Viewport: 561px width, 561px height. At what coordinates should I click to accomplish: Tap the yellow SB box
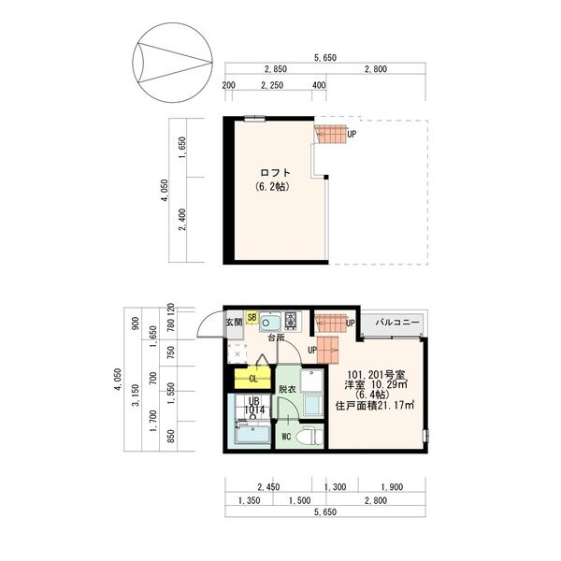click(x=252, y=318)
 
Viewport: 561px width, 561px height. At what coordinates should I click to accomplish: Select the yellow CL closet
click(x=252, y=379)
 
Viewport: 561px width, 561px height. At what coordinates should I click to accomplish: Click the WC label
click(x=286, y=435)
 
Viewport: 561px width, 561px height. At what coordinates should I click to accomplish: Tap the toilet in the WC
click(x=312, y=435)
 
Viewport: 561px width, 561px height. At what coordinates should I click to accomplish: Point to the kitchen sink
click(x=271, y=323)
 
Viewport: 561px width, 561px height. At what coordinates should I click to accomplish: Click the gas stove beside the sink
click(x=291, y=322)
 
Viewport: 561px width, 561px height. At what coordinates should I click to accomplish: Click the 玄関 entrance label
click(x=234, y=323)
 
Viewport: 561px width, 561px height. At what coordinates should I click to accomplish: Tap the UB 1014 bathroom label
click(x=253, y=405)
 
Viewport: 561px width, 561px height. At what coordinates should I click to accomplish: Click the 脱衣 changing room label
click(x=287, y=389)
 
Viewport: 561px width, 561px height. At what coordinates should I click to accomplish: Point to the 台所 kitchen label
click(x=274, y=338)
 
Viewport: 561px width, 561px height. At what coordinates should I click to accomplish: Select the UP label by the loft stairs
click(x=352, y=134)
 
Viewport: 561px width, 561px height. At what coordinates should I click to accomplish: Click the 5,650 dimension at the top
click(x=324, y=58)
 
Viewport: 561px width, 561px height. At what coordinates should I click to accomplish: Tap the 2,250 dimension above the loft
click(x=272, y=85)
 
